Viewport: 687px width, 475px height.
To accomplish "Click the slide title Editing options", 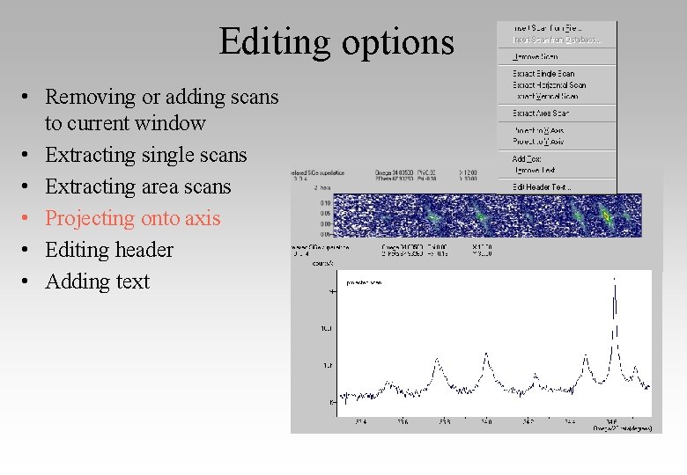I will click(x=336, y=42).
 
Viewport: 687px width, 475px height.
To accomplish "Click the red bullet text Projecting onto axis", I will click(x=132, y=218).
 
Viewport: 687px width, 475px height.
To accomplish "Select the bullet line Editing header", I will click(x=109, y=250).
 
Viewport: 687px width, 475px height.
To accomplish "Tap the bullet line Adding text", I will click(x=97, y=281).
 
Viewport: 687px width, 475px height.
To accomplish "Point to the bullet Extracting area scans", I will click(x=137, y=186).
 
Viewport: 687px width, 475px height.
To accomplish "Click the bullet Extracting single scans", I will click(x=145, y=155).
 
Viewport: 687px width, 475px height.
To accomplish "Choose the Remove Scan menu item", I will click(x=536, y=57).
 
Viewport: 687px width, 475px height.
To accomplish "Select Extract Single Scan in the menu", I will click(x=543, y=74).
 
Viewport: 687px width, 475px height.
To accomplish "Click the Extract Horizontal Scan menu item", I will click(x=549, y=85).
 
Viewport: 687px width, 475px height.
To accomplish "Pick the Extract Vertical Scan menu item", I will click(x=545, y=96).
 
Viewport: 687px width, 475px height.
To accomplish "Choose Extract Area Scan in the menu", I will click(x=541, y=113).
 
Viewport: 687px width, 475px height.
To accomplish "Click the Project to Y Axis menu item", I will click(x=538, y=142).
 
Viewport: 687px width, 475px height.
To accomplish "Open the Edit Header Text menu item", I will click(x=542, y=186).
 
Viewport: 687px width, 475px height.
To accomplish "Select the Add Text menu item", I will click(x=527, y=159).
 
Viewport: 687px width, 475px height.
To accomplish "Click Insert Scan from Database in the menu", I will click(x=557, y=40).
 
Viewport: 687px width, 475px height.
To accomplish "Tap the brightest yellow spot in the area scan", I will click(x=605, y=214).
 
